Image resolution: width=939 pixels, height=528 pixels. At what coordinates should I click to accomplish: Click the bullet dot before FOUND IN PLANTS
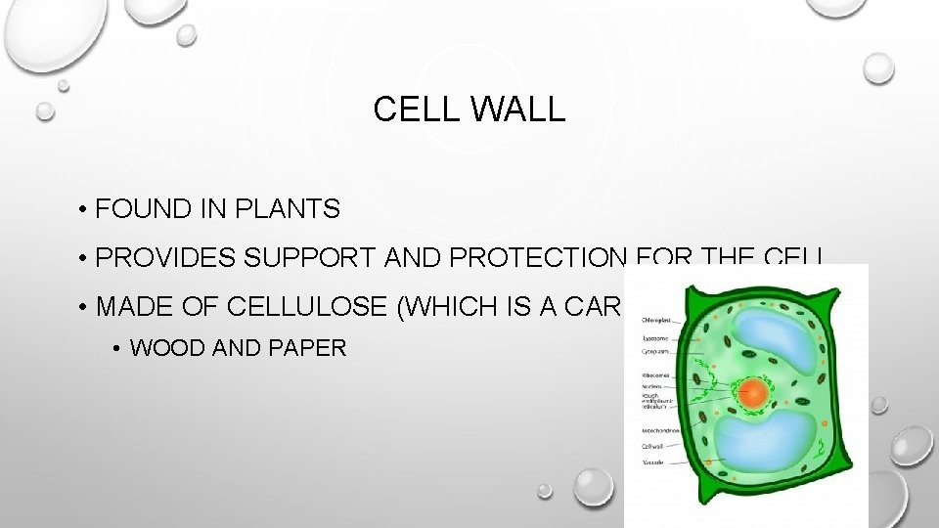[87, 209]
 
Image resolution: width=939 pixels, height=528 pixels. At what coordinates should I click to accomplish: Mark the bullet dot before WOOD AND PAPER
[116, 348]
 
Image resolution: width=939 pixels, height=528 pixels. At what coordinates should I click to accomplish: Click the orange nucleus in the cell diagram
[754, 393]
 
